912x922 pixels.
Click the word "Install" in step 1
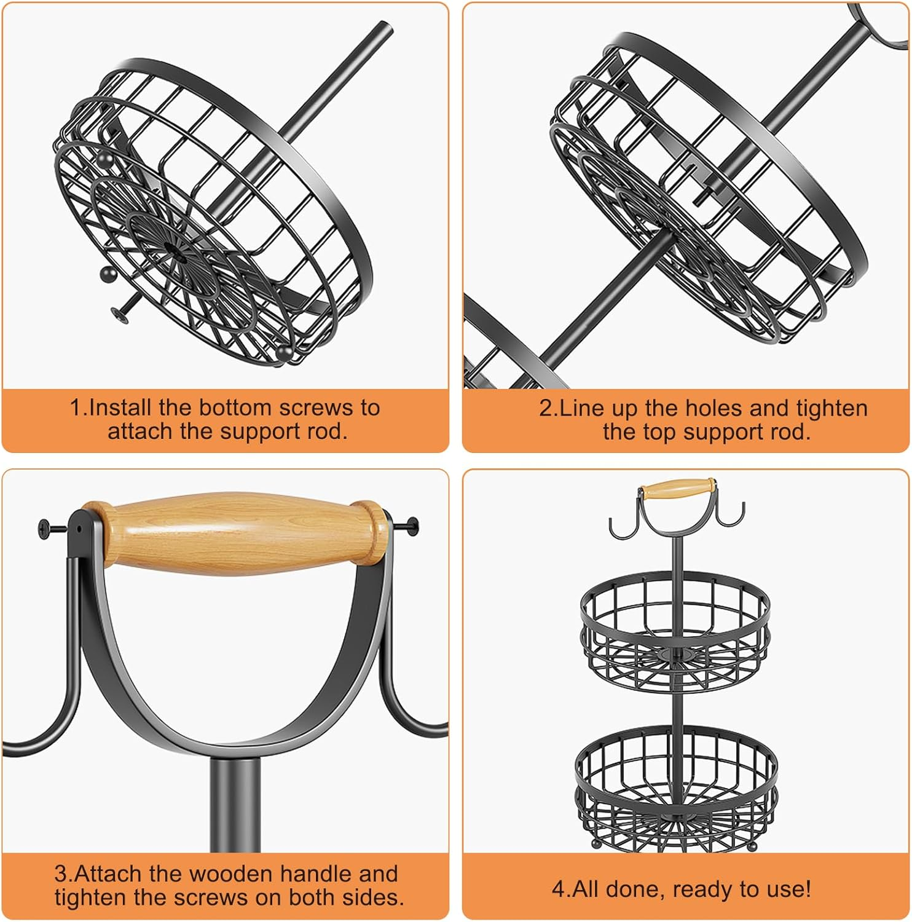(120, 408)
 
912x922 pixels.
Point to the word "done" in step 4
(635, 889)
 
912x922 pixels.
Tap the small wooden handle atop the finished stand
(677, 489)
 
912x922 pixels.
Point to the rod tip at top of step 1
(385, 28)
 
